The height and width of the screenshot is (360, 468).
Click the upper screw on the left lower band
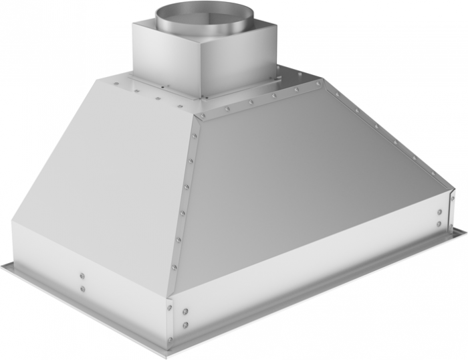click(x=82, y=275)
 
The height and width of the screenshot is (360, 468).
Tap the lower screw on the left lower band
click(x=82, y=288)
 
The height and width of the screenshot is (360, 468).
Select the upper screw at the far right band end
click(x=439, y=211)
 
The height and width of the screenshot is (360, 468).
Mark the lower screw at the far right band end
click(x=439, y=223)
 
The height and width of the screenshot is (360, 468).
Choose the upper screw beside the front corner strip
click(x=185, y=312)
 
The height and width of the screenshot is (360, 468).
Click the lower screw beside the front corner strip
click(x=185, y=325)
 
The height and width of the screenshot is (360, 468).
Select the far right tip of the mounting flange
click(x=465, y=231)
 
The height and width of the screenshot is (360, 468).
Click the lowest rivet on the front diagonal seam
click(x=173, y=268)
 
